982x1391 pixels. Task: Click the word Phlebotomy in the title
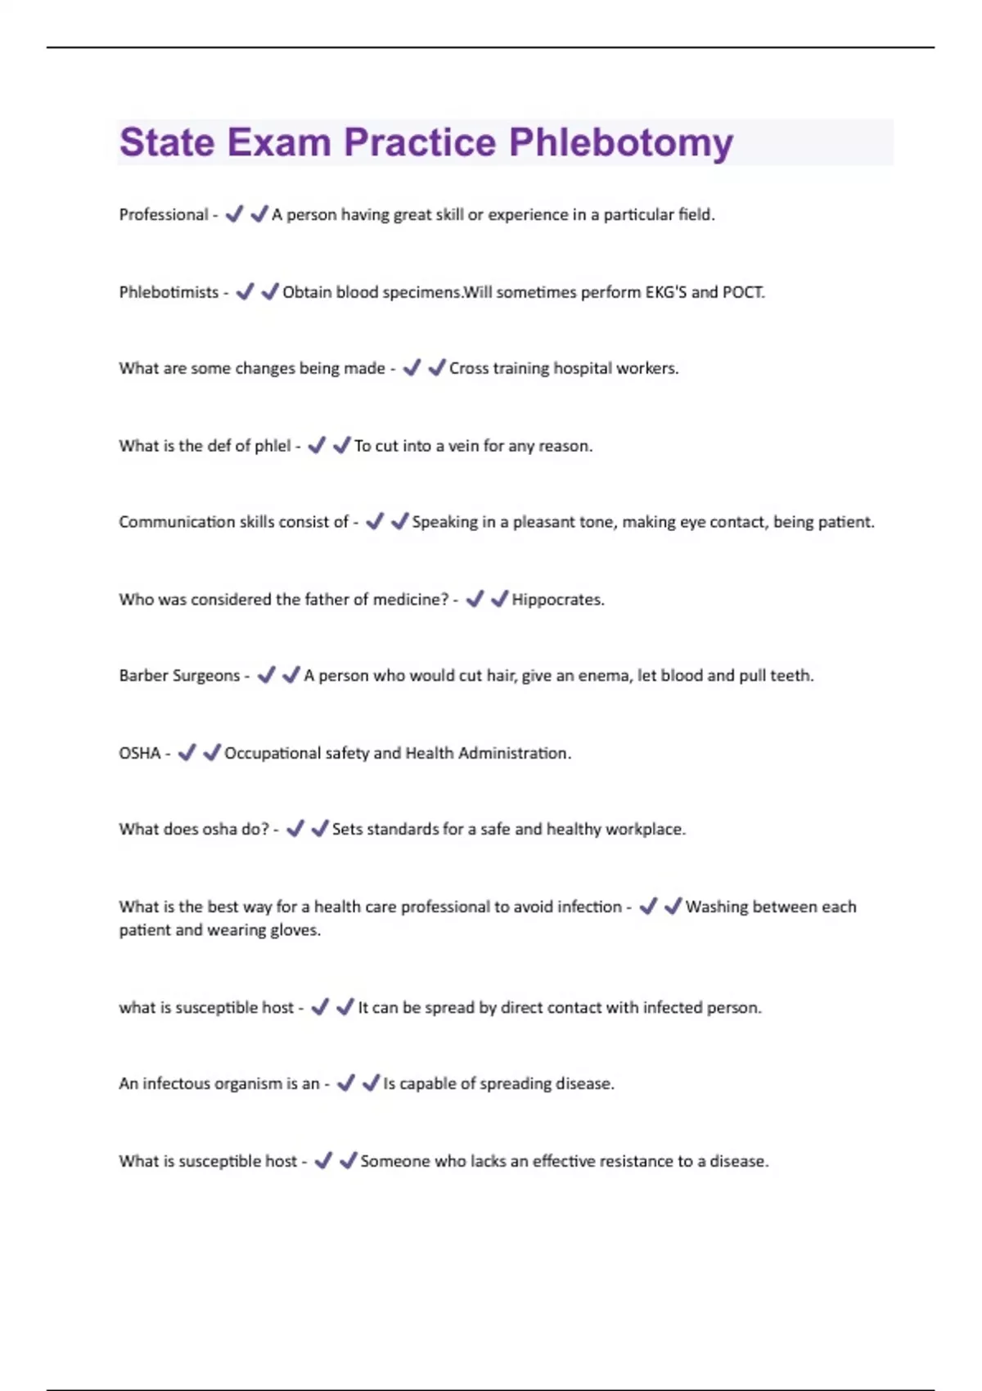coord(620,142)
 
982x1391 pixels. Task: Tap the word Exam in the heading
coord(278,142)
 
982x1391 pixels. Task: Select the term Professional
coord(164,214)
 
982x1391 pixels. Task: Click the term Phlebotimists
coord(169,292)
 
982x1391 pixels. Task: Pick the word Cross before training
coord(469,368)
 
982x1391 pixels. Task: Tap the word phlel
coord(273,446)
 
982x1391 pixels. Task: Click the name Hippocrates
coord(557,600)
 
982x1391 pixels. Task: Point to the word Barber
coord(144,676)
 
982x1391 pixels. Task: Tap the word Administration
coord(514,753)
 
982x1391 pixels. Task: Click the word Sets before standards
coord(347,829)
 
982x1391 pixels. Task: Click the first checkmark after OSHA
coord(187,752)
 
